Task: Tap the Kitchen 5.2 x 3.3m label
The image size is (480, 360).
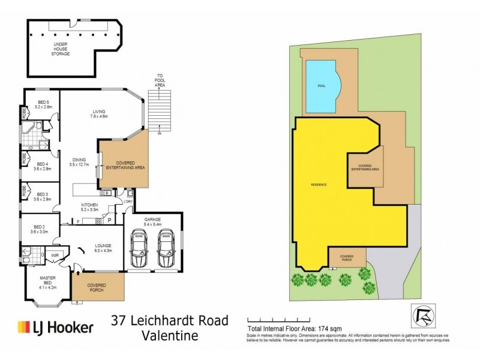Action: point(88,207)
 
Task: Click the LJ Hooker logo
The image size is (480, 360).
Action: point(55,327)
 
